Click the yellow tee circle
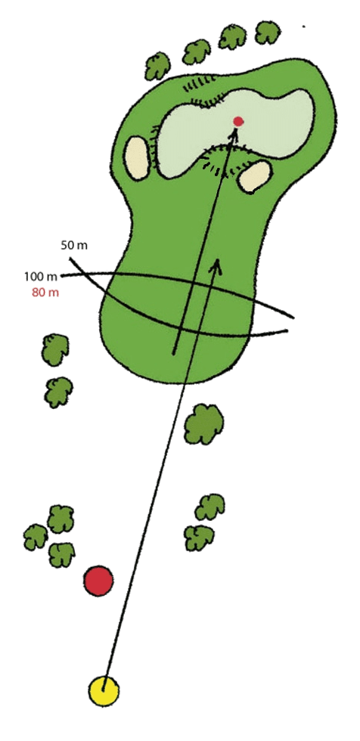pyautogui.click(x=104, y=691)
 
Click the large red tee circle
pyautogui.click(x=98, y=581)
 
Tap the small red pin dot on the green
pyautogui.click(x=238, y=122)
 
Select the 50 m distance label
pyautogui.click(x=74, y=246)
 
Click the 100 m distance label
pyautogui.click(x=40, y=277)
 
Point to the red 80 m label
pyautogui.click(x=45, y=293)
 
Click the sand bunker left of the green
pyautogui.click(x=137, y=158)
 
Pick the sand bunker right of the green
pyautogui.click(x=255, y=176)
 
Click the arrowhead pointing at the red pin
pyautogui.click(x=234, y=135)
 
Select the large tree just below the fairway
pyautogui.click(x=203, y=423)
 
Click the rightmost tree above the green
pyautogui.click(x=268, y=32)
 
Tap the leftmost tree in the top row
pyautogui.click(x=157, y=67)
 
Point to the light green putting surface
pyautogui.click(x=235, y=128)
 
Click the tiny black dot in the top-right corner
pyautogui.click(x=304, y=27)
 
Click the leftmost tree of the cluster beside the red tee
pyautogui.click(x=36, y=537)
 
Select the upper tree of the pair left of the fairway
pyautogui.click(x=55, y=349)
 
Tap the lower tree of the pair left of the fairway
pyautogui.click(x=58, y=392)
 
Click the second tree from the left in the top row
pyautogui.click(x=197, y=52)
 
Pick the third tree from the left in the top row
pyautogui.click(x=232, y=37)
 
